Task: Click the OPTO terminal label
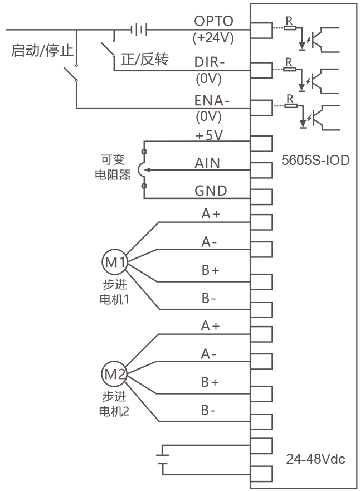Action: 214,21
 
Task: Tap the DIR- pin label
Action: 210,62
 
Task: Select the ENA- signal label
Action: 212,100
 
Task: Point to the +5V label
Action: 209,135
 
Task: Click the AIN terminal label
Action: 207,163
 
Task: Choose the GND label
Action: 211,191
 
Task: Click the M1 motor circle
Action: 115,262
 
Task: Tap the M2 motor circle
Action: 114,373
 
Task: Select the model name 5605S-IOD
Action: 315,160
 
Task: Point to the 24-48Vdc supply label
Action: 315,459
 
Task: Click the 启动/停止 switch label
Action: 42,50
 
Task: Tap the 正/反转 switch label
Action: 145,59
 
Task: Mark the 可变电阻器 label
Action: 113,167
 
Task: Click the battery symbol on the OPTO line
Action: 139,30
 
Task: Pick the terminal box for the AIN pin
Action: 261,171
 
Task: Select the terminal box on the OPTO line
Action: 261,31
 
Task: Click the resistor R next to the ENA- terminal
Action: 290,106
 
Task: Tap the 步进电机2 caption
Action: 114,404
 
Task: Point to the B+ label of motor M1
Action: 210,270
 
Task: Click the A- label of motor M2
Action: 208,354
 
